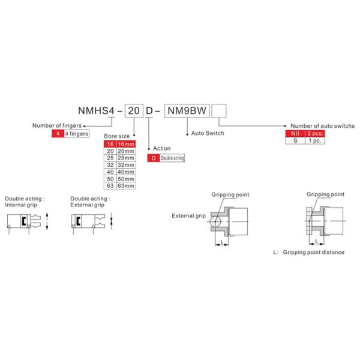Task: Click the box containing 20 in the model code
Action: coord(134,111)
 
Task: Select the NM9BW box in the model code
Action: coord(187,111)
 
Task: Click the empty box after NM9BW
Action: coord(219,111)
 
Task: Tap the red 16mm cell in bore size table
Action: coord(126,144)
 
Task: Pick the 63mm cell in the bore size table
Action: coord(126,186)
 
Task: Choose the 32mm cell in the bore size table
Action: coord(126,165)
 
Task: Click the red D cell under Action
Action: coord(154,158)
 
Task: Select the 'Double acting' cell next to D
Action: coord(172,158)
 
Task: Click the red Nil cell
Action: coord(295,133)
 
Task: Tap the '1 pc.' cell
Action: coord(315,140)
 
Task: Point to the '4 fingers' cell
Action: coord(76,134)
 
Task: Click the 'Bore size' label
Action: coord(116,136)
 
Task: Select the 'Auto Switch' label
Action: coord(208,133)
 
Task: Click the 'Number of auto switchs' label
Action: coord(323,126)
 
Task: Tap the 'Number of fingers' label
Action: coord(57,125)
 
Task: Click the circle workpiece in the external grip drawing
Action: coord(215,221)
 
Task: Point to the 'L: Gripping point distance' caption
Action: coord(309,253)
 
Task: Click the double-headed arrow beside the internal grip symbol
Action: coord(47,221)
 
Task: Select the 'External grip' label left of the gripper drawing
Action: coord(188,216)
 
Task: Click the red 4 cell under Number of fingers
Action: coord(58,134)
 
